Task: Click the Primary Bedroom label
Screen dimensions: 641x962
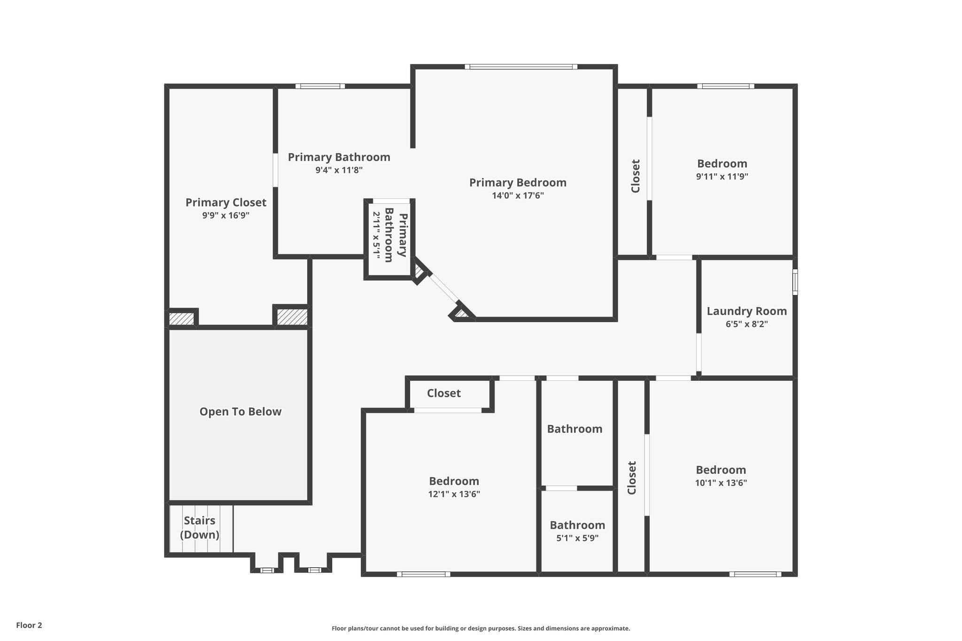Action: point(518,183)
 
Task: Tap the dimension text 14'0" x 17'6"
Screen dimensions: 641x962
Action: point(518,196)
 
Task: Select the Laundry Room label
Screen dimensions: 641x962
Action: point(746,311)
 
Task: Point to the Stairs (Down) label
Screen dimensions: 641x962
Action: point(200,527)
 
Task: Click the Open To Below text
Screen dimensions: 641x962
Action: point(240,412)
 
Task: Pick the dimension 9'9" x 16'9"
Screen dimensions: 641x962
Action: point(225,216)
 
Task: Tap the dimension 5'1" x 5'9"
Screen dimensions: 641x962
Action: point(577,538)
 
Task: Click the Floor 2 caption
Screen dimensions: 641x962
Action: point(29,625)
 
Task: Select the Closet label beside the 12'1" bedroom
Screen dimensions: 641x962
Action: point(443,393)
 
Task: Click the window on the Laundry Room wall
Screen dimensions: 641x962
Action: point(795,282)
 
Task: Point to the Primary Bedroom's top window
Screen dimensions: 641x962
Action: point(521,67)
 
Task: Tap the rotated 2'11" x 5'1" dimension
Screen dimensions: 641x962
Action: point(376,233)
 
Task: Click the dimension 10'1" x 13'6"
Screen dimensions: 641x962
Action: point(721,483)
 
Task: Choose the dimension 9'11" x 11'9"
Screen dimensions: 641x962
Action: point(722,177)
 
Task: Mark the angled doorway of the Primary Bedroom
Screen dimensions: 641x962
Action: point(443,289)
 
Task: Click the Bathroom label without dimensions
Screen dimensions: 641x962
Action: point(574,429)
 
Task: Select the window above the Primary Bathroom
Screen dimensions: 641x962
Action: point(320,86)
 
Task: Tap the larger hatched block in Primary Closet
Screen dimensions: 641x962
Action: point(292,317)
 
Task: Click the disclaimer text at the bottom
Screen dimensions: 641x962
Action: point(481,628)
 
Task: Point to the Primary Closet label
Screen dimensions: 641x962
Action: point(225,202)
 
